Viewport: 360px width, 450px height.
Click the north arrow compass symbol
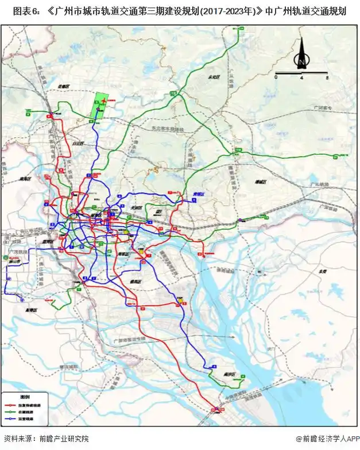tap(300, 56)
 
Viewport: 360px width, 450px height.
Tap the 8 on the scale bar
tap(326, 76)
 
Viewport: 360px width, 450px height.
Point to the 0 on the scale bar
tap(276, 76)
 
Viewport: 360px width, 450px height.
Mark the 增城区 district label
tap(262, 181)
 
